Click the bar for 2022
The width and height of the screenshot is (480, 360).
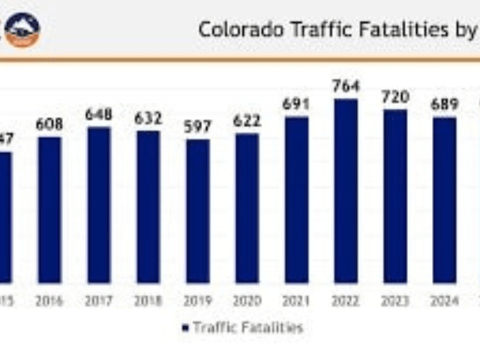(x=346, y=191)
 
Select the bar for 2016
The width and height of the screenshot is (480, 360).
(x=49, y=210)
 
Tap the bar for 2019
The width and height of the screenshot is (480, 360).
(x=197, y=211)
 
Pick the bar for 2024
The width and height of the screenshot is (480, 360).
(x=444, y=200)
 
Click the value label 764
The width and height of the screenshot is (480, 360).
(x=346, y=86)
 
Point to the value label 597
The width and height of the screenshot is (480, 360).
(x=197, y=126)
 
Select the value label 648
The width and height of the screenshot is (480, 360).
(x=99, y=114)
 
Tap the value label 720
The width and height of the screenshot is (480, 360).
(x=395, y=97)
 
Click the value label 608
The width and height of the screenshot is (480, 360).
(x=49, y=124)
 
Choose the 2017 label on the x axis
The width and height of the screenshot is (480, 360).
(x=99, y=301)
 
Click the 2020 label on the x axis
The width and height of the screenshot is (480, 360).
(x=247, y=301)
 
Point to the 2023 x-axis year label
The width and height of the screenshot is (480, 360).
(x=395, y=301)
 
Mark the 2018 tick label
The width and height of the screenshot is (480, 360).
(x=148, y=301)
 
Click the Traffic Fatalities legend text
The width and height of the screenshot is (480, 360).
(x=247, y=327)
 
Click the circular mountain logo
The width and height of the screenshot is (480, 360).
(x=22, y=29)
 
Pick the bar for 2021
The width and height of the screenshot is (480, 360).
(x=296, y=200)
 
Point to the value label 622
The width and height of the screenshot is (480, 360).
(x=247, y=120)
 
